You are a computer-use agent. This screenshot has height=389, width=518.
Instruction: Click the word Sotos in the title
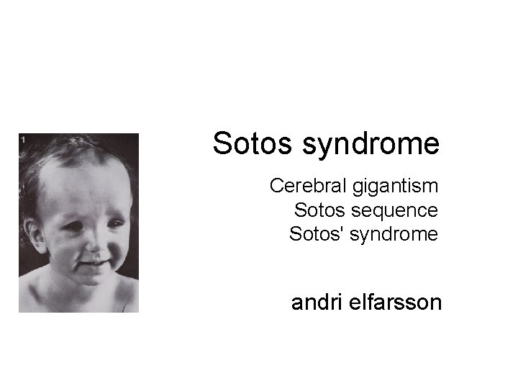tap(253, 143)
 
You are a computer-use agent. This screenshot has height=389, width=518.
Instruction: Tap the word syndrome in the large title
tap(371, 145)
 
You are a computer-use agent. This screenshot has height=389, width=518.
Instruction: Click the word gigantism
tap(395, 187)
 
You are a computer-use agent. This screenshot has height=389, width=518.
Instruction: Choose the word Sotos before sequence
tap(319, 210)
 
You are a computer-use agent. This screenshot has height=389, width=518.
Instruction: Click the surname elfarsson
tap(396, 302)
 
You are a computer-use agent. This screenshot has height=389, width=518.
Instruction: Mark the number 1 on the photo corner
tap(23, 139)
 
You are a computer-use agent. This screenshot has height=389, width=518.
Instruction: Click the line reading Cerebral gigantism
tap(353, 186)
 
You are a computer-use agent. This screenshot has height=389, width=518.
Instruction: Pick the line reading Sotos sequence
tap(365, 210)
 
